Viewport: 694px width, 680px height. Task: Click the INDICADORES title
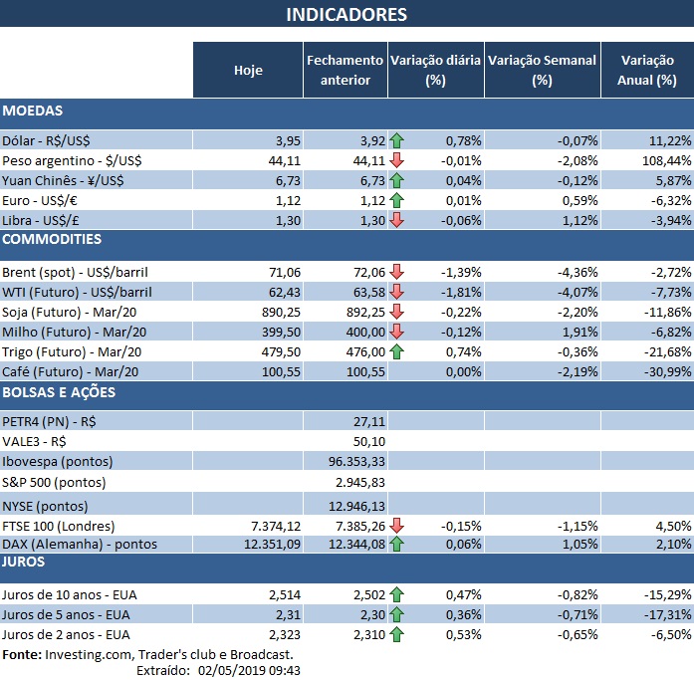click(347, 14)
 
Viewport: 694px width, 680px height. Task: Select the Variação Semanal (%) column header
click(542, 70)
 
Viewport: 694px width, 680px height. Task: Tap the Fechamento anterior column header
click(345, 70)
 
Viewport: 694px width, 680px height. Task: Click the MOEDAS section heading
click(33, 111)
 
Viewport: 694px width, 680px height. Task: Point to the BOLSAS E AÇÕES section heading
click(60, 391)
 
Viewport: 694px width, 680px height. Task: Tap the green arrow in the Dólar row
click(397, 140)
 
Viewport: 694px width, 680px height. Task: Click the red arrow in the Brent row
click(397, 272)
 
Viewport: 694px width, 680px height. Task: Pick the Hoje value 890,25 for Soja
click(279, 311)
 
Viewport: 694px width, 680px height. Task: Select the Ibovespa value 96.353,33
click(355, 461)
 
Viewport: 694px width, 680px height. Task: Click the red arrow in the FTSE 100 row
click(397, 525)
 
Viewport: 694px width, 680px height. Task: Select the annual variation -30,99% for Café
click(664, 370)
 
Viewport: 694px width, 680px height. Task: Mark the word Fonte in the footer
click(21, 654)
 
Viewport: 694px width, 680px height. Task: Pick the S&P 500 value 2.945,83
click(359, 482)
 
